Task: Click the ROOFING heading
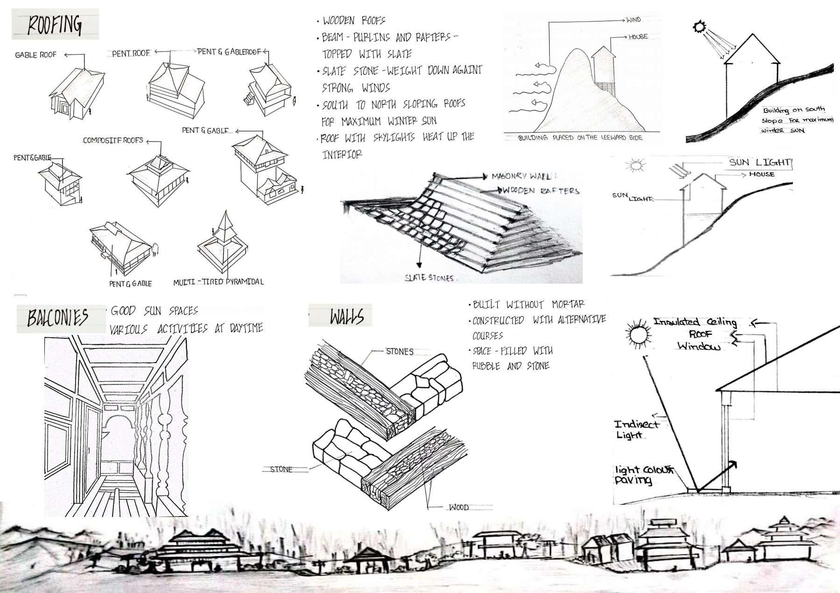[x=55, y=25]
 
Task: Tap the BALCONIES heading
[x=58, y=318]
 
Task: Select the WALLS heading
[x=346, y=317]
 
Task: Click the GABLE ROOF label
[x=35, y=55]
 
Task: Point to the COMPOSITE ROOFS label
[x=113, y=140]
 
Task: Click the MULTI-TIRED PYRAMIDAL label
[x=219, y=282]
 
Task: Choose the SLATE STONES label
[x=429, y=278]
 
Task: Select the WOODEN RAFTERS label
[x=541, y=190]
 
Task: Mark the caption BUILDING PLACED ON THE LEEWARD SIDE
[x=580, y=138]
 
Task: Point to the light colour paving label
[x=643, y=475]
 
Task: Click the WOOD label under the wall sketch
[x=459, y=507]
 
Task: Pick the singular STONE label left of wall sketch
[x=281, y=469]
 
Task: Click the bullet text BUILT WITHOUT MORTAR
[x=529, y=305]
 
